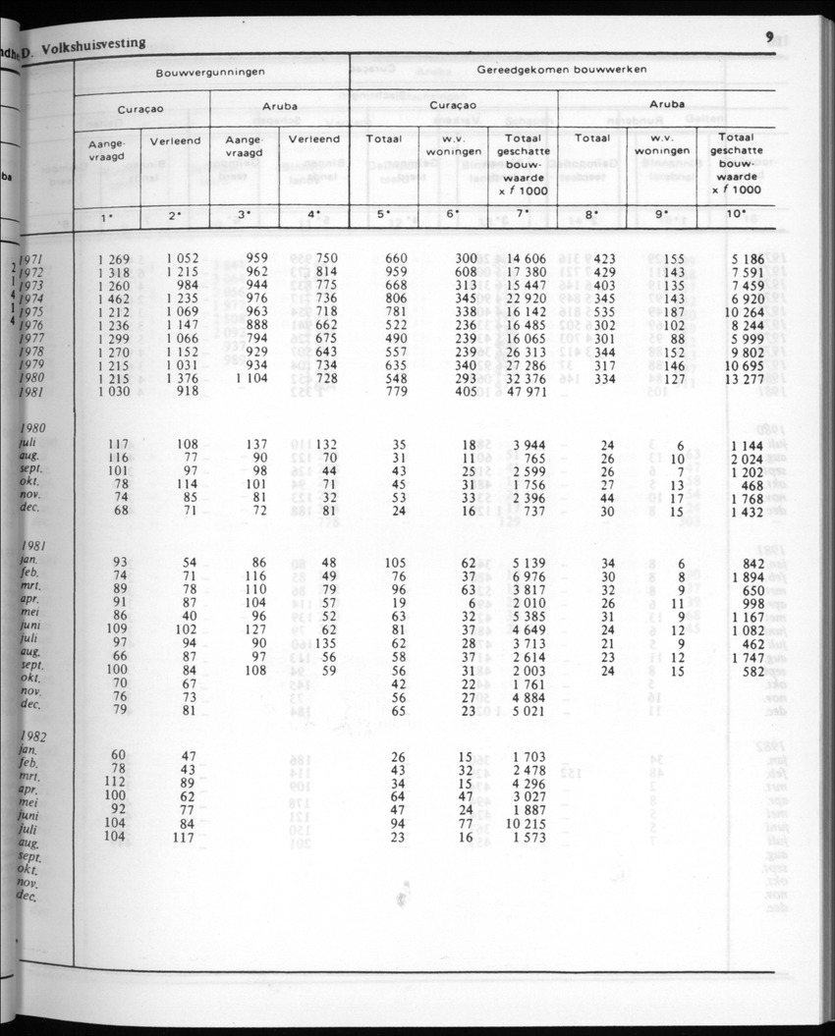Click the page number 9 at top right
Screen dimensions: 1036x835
tap(770, 38)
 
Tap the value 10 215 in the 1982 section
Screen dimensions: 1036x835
tap(526, 824)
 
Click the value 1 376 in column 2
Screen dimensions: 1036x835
tap(182, 379)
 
